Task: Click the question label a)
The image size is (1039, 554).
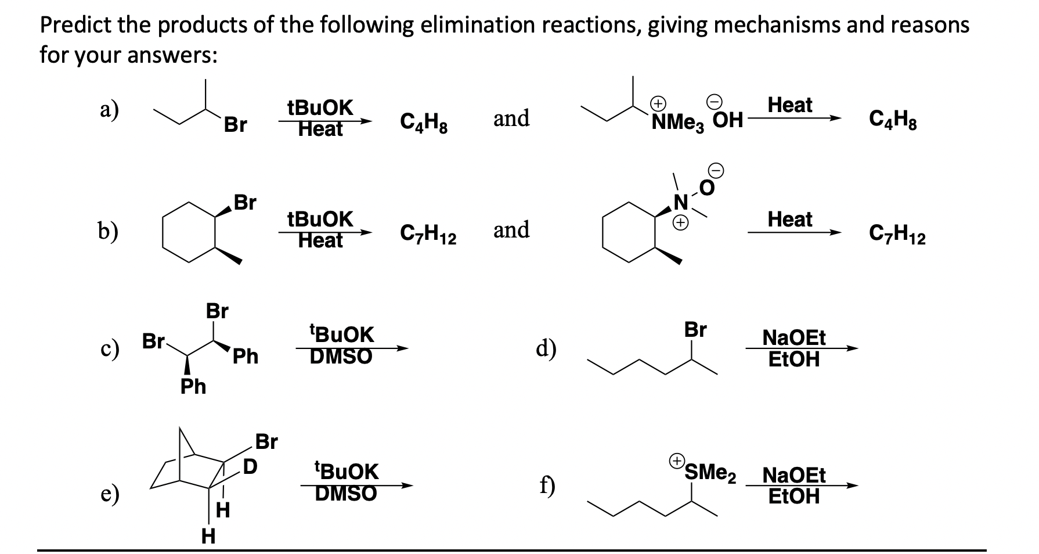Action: [x=107, y=109]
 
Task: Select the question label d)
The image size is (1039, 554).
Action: [x=546, y=348]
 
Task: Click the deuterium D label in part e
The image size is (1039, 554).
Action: [x=250, y=466]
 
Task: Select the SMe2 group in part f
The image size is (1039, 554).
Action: [x=710, y=472]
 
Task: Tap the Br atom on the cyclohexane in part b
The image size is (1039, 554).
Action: [x=244, y=203]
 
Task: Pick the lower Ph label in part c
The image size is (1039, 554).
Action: [x=193, y=386]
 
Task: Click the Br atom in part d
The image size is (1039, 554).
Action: [x=695, y=329]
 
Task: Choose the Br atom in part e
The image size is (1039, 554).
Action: [x=266, y=442]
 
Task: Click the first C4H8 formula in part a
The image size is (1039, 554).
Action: [x=424, y=121]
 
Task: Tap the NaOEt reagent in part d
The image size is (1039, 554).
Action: [x=794, y=337]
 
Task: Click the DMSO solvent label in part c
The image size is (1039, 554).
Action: [x=341, y=356]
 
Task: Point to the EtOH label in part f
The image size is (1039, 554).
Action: [x=794, y=497]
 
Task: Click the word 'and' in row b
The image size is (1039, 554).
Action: [x=511, y=230]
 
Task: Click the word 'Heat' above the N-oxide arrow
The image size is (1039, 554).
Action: [x=790, y=220]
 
